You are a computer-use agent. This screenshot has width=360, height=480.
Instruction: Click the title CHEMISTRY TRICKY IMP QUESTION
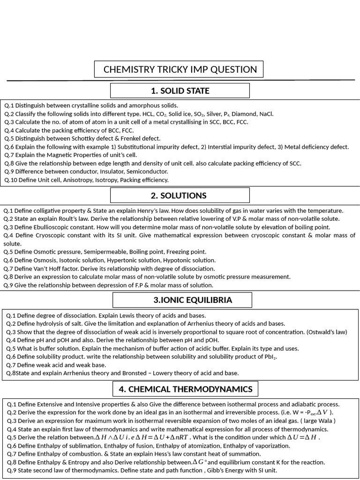pyautogui.click(x=180, y=69)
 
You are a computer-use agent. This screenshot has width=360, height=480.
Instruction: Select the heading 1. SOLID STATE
pyautogui.click(x=180, y=90)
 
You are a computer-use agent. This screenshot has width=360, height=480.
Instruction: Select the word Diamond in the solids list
pyautogui.click(x=244, y=114)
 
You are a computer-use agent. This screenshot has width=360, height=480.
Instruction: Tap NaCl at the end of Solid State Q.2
pyautogui.click(x=266, y=114)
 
